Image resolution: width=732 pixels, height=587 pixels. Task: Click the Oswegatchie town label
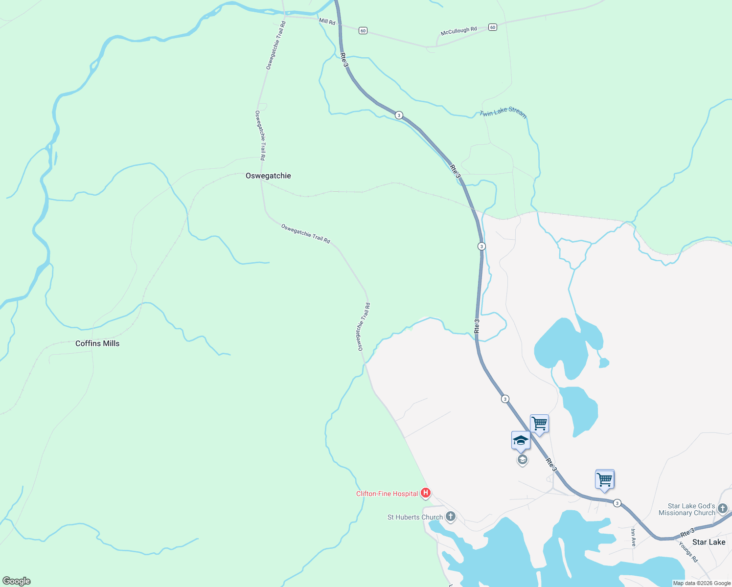[268, 176]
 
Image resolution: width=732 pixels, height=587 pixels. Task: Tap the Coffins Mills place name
[97, 343]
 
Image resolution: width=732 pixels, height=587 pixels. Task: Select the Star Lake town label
[709, 542]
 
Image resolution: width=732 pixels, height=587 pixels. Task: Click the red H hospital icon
[426, 493]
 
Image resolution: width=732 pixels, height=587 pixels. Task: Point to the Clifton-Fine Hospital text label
[387, 494]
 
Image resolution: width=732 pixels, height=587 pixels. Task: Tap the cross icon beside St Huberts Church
[451, 517]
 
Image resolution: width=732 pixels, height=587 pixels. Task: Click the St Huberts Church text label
[415, 517]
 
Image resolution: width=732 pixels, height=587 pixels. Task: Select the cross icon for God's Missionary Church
[723, 509]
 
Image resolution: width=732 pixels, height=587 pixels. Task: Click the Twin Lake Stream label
[503, 113]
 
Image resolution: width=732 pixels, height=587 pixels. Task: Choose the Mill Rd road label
[327, 22]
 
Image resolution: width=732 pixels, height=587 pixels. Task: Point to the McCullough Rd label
[458, 31]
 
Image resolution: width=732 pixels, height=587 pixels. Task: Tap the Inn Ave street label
[633, 537]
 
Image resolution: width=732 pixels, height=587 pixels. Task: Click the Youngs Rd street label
[688, 552]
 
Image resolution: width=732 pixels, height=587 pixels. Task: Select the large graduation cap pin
[521, 441]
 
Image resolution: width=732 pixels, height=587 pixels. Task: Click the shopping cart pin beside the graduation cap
[539, 424]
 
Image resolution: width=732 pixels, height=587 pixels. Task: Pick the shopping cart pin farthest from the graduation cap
[605, 479]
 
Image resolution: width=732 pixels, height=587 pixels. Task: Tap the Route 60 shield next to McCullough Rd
[493, 27]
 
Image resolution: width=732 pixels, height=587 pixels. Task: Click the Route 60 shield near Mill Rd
[363, 30]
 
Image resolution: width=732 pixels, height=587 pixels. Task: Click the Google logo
[17, 581]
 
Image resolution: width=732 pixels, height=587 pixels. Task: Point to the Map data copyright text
[702, 583]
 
